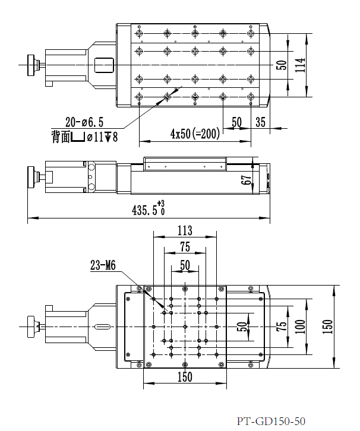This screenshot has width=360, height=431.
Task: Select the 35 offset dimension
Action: (x=260, y=122)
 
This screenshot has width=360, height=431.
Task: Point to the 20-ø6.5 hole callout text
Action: (x=84, y=122)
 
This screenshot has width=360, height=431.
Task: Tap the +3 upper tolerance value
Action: (x=160, y=204)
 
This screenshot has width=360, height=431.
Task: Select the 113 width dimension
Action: (x=185, y=229)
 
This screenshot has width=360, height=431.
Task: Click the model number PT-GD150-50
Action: (x=271, y=422)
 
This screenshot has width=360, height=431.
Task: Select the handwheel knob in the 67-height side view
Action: (x=32, y=176)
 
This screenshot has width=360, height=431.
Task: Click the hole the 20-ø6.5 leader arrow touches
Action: (x=167, y=96)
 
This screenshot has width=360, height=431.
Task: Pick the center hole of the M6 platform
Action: (x=185, y=327)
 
